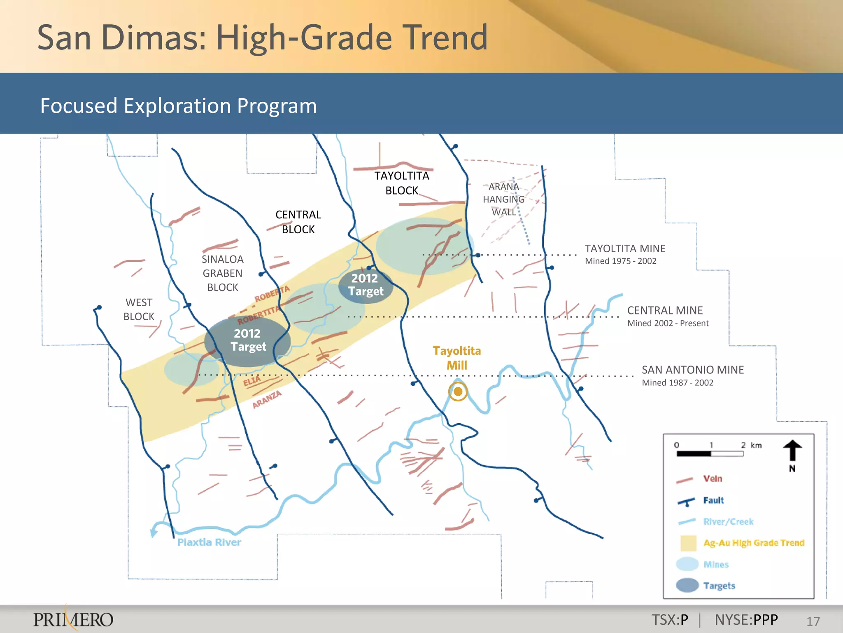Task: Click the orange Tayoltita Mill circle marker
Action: click(x=458, y=392)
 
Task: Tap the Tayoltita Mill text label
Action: click(x=457, y=358)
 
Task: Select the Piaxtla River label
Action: click(x=209, y=542)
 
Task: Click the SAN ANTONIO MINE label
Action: click(x=693, y=370)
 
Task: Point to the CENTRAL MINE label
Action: click(x=665, y=310)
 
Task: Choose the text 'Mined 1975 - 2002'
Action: click(x=620, y=261)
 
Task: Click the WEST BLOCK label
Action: click(x=139, y=309)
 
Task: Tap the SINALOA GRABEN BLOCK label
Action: click(x=223, y=273)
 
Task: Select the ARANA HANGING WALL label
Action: click(x=503, y=199)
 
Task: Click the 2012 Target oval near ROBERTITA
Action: click(x=247, y=340)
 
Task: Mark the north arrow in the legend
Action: click(x=792, y=452)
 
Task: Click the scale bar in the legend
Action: click(x=710, y=454)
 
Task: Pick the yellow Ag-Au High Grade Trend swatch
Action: click(x=688, y=543)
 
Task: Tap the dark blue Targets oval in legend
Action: click(x=687, y=585)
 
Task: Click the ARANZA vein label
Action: click(x=267, y=399)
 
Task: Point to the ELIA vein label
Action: click(x=252, y=381)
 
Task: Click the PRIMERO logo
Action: click(x=73, y=619)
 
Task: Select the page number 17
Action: click(x=813, y=621)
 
